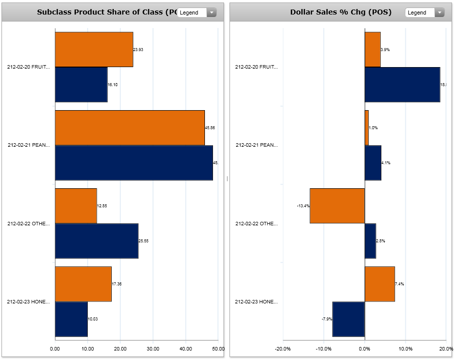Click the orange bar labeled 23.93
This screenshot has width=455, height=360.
click(x=94, y=49)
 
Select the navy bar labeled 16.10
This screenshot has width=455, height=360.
click(x=81, y=84)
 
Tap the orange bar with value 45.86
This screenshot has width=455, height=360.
click(x=130, y=128)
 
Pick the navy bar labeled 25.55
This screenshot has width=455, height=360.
click(x=96, y=241)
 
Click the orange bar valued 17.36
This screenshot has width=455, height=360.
click(x=83, y=284)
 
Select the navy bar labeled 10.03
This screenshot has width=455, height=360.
click(x=71, y=319)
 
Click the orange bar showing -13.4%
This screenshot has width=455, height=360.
click(x=337, y=206)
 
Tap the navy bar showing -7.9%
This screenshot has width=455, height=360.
click(x=349, y=319)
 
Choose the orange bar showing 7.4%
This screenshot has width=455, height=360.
click(x=380, y=284)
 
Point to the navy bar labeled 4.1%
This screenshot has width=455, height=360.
click(x=373, y=163)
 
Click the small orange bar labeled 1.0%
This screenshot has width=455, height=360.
click(x=367, y=128)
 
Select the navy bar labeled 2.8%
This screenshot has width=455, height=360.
click(x=370, y=241)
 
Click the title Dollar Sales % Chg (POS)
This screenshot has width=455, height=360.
click(x=341, y=12)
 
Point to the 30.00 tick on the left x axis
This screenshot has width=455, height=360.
click(x=153, y=348)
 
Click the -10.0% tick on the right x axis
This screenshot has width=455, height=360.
click(x=324, y=348)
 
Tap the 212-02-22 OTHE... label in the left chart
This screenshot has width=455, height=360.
click(x=29, y=224)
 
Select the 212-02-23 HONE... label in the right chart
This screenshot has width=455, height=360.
click(x=257, y=302)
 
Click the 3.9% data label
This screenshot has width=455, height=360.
click(x=385, y=50)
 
